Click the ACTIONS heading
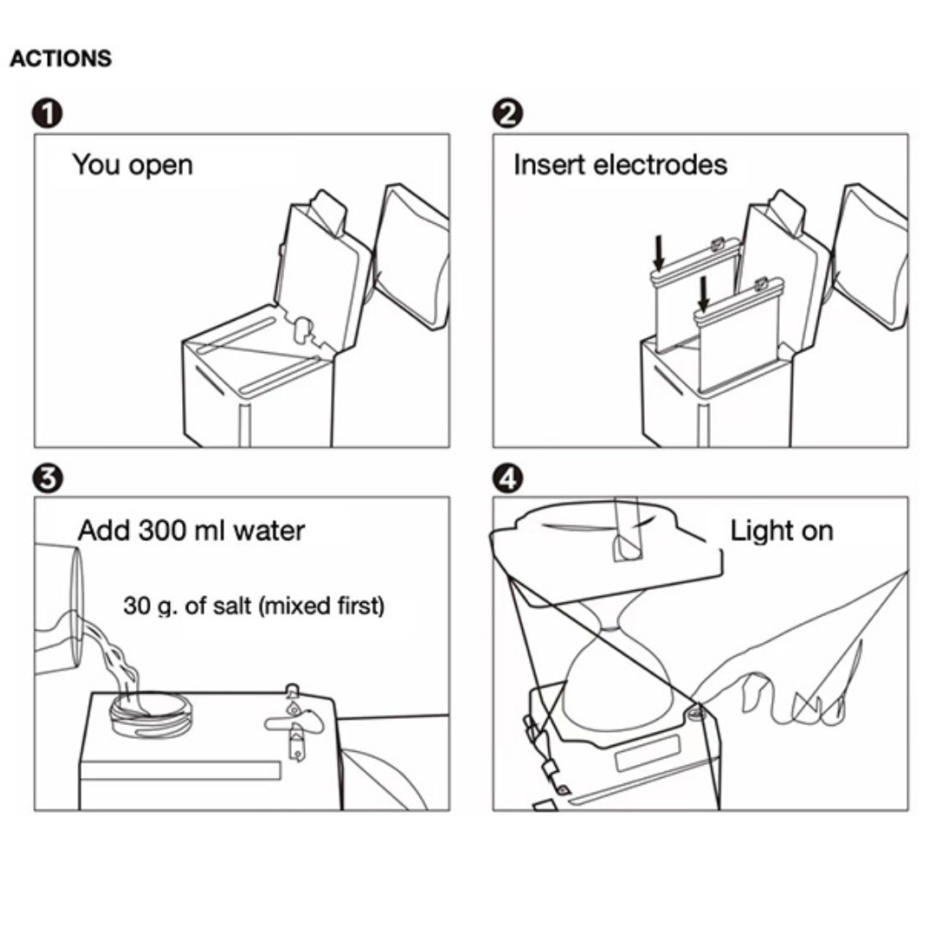coord(61,58)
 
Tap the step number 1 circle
coord(47,113)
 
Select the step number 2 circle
coord(508,113)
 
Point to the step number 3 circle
coord(47,478)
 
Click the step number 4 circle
coord(508,478)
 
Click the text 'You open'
coord(132,165)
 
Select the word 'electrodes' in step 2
coord(660,165)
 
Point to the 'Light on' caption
coord(782,531)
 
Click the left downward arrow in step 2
coord(659,253)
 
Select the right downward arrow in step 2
coord(703,294)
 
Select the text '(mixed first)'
coord(321,606)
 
